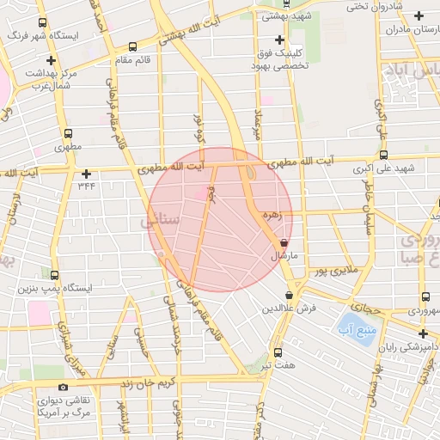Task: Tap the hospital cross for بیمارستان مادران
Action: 419,15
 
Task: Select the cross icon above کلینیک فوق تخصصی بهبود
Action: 278,40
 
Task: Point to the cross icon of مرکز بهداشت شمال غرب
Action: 52,60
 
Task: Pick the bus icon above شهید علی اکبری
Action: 383,156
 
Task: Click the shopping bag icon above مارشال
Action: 284,244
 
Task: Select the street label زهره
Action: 274,217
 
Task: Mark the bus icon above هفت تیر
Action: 277,352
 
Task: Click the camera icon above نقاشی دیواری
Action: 62,388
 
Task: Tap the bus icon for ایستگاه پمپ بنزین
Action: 56,276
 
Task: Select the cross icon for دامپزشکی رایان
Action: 422,333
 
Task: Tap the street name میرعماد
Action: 260,125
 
